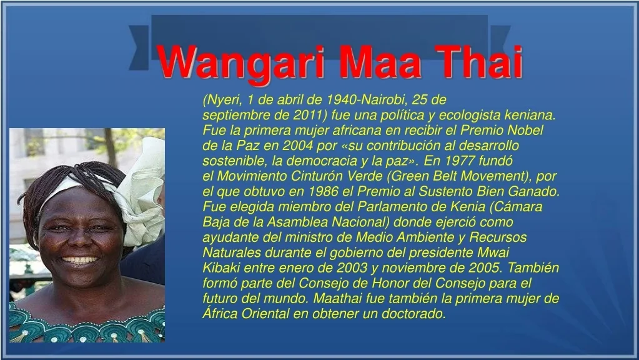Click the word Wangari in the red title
click(240, 62)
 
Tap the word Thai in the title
click(478, 62)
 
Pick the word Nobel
click(525, 130)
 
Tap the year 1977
click(460, 161)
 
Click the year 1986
click(324, 191)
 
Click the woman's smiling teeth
click(80, 260)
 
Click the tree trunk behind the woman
click(110, 147)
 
